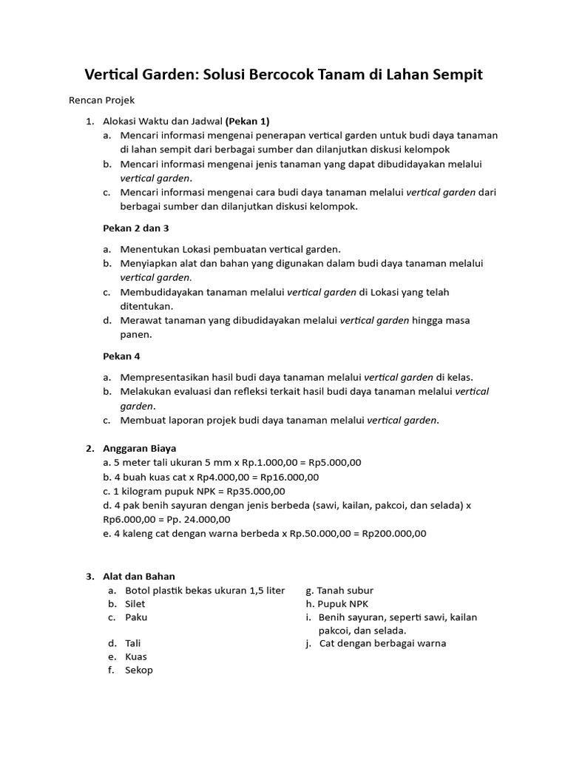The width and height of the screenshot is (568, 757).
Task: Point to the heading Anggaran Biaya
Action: (x=140, y=448)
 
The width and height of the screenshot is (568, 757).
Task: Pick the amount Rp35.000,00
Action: (x=256, y=491)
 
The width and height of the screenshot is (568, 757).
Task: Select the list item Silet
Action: (x=135, y=604)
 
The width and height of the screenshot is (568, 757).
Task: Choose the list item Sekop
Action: (x=139, y=671)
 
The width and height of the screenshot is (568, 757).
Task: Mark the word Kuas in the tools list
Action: (x=136, y=657)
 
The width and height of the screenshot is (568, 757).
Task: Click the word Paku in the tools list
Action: (x=136, y=617)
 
